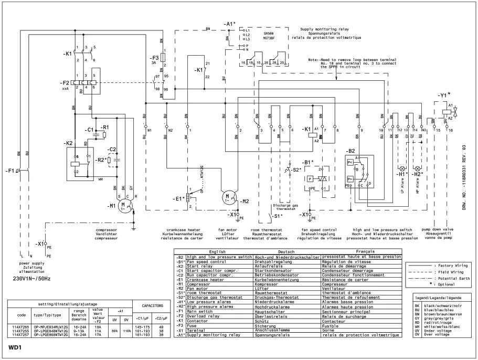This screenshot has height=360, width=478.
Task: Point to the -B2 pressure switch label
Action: (x=350, y=151)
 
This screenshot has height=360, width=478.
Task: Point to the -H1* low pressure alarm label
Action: (x=403, y=174)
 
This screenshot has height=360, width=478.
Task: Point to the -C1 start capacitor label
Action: (x=89, y=129)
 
